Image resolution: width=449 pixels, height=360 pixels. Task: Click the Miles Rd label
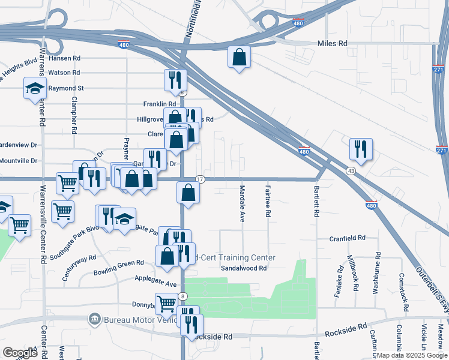333,44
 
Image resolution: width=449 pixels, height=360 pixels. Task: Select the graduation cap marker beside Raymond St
35,88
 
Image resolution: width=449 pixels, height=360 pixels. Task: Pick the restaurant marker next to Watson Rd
176,80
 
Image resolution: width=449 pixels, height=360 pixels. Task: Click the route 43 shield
349,171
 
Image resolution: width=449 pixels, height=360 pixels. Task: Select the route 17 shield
200,179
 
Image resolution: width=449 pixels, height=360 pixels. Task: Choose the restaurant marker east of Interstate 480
361,149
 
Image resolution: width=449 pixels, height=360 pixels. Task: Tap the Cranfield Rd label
347,238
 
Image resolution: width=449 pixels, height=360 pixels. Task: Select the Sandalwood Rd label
243,268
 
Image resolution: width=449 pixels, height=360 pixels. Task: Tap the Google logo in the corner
20,352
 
